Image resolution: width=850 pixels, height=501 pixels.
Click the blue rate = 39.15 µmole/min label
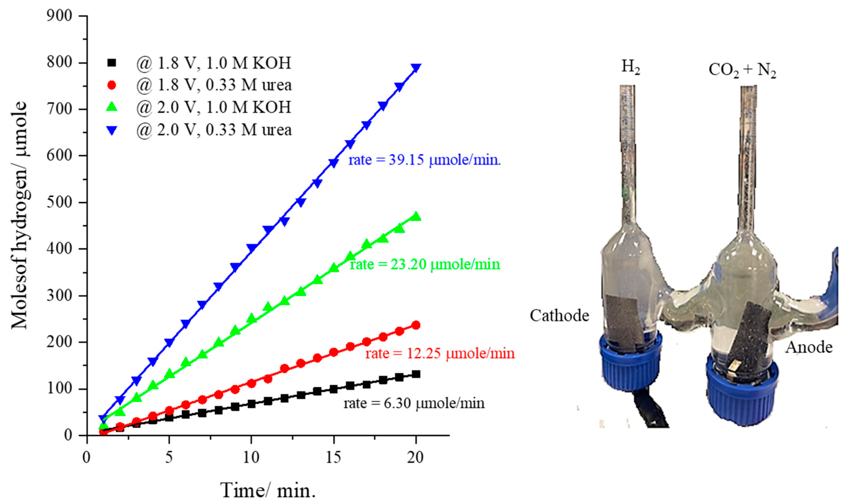click(424, 160)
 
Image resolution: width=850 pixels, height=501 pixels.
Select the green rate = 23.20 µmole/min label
click(425, 264)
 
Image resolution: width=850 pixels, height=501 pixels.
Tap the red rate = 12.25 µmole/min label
click(440, 353)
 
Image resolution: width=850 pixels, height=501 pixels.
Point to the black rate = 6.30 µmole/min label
click(414, 403)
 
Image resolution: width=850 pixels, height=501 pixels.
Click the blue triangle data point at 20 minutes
click(416, 68)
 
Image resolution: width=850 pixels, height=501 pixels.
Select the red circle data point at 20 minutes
click(416, 325)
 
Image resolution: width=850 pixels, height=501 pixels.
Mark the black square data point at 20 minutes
click(416, 374)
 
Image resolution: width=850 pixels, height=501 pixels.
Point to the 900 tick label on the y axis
click(59, 16)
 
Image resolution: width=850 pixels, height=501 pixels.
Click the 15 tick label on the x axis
click(333, 458)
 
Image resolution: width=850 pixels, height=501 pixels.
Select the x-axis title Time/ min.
click(268, 489)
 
